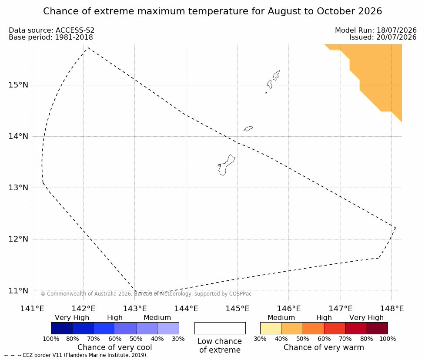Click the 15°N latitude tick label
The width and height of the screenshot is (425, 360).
[x=18, y=85]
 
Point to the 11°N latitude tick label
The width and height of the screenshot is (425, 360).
[x=18, y=291]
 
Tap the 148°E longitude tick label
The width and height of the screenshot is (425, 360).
[x=392, y=309]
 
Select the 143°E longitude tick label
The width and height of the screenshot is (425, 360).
[x=135, y=309]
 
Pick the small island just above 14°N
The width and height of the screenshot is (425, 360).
[x=248, y=128]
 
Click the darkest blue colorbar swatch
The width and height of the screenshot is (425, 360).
[x=62, y=328]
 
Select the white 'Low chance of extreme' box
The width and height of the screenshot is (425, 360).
[x=220, y=328]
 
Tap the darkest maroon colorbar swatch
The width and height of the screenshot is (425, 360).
[x=377, y=328]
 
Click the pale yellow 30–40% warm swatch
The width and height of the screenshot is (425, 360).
[x=271, y=328]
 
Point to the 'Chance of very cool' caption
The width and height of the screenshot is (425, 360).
[x=115, y=347]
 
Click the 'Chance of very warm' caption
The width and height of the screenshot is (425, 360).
[x=324, y=347]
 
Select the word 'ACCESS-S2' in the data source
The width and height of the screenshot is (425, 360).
[x=75, y=30]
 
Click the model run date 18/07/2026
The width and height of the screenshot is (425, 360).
[x=396, y=30]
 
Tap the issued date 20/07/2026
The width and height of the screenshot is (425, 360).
[x=396, y=37]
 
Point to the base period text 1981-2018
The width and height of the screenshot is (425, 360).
[x=74, y=37]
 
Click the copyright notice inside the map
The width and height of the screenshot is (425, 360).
[x=146, y=294]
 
